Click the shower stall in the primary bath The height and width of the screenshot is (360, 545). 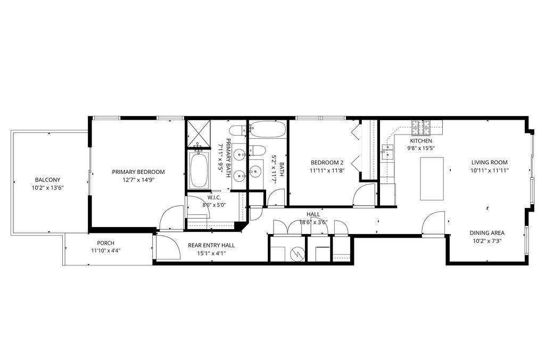click(198, 135)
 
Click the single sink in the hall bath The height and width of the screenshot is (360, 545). click(257, 171)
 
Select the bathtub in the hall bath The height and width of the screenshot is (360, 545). click(268, 128)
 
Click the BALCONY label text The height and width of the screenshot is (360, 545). click(48, 180)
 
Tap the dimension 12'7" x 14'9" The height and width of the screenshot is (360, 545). click(138, 180)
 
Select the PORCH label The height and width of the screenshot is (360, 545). click(105, 243)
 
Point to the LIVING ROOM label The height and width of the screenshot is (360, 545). click(489, 163)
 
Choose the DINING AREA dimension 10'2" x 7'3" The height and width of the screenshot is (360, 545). click(486, 240)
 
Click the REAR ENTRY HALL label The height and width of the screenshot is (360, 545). click(211, 245)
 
